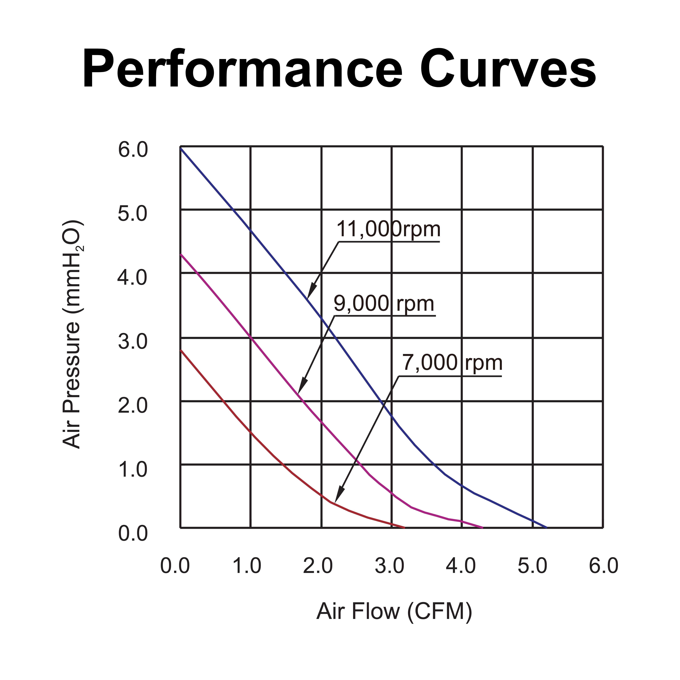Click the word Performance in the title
[x=242, y=69]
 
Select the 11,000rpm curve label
[x=388, y=229]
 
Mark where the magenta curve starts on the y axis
[x=181, y=254]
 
